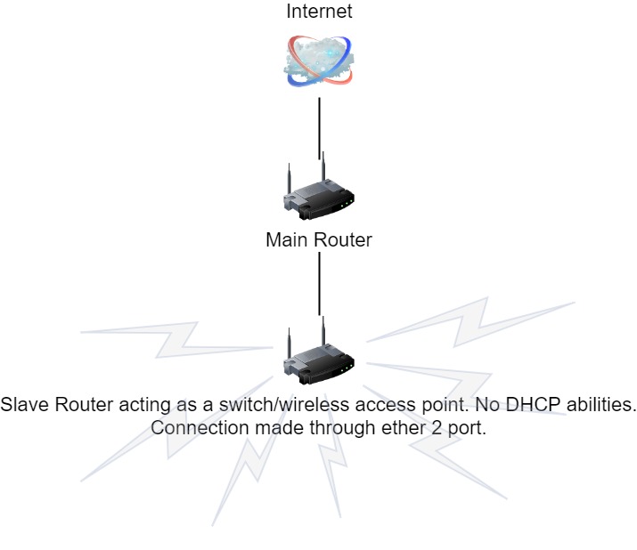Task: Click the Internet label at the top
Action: click(x=319, y=12)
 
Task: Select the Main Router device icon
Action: click(x=319, y=192)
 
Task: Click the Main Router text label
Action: click(x=319, y=239)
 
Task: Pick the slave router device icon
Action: click(x=319, y=357)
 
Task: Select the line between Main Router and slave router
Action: click(x=319, y=283)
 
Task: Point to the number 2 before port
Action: click(x=430, y=427)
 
